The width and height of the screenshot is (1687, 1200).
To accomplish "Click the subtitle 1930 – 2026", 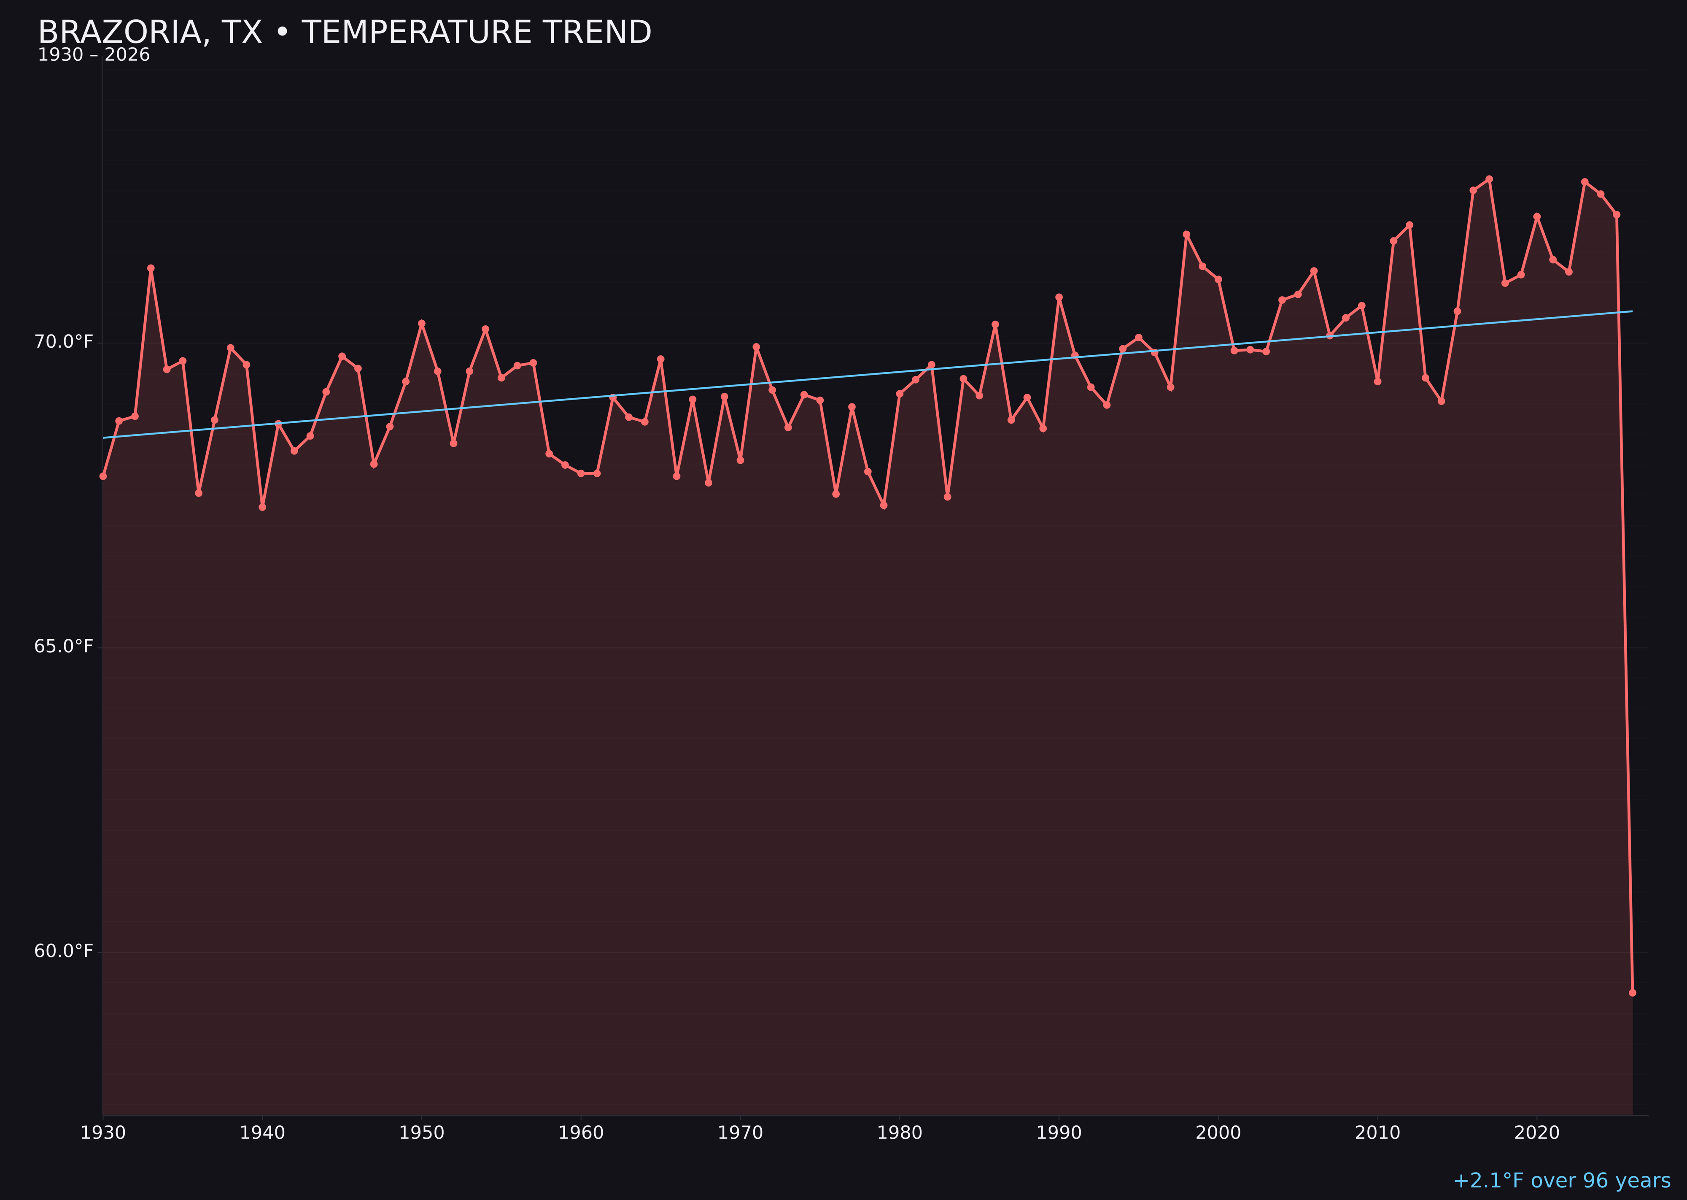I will (x=94, y=55).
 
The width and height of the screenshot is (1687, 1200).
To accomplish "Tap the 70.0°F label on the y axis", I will (x=64, y=342).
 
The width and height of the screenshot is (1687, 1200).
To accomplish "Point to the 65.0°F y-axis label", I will (x=64, y=646).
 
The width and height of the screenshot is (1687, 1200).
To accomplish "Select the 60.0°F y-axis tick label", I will (x=64, y=951).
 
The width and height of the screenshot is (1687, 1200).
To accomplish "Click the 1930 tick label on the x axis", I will (x=103, y=1133).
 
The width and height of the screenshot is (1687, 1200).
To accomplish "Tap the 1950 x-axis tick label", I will (x=422, y=1133).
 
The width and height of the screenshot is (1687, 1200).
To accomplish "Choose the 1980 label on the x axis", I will (x=900, y=1133).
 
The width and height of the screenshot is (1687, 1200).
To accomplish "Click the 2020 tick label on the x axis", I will (x=1536, y=1133).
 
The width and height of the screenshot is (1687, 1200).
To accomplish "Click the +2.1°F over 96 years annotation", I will (x=1561, y=1181).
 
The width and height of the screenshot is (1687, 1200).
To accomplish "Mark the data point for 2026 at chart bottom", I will (x=1632, y=992).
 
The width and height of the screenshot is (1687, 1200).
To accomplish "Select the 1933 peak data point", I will (x=151, y=268).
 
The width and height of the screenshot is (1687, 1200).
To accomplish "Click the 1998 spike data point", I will (x=1186, y=234).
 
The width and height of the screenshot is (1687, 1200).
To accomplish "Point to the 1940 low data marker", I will (x=262, y=507).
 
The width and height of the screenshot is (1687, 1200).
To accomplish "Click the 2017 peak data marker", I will (x=1489, y=179).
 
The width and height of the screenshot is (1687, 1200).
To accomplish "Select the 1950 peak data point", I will (x=422, y=323).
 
